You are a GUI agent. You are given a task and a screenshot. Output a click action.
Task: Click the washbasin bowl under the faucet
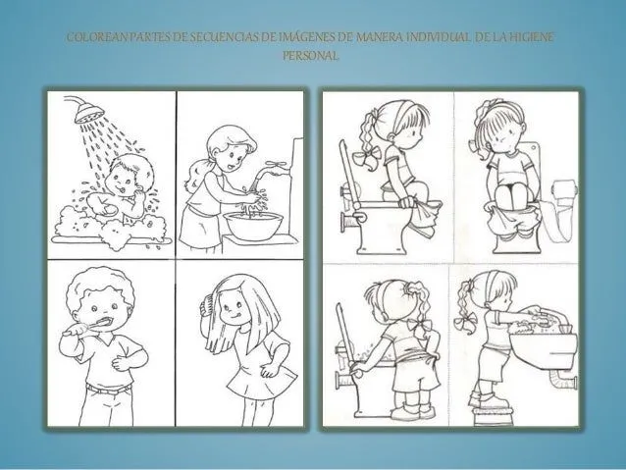pyautogui.click(x=253, y=226)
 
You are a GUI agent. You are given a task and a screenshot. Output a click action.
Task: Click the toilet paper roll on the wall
pyautogui.click(x=565, y=191)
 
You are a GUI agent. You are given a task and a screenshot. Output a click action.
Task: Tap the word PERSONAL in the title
pyautogui.click(x=311, y=56)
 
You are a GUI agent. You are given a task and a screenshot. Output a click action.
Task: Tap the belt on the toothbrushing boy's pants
pyautogui.click(x=108, y=389)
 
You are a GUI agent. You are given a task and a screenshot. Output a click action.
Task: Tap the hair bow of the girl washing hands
pyautogui.click(x=465, y=320)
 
